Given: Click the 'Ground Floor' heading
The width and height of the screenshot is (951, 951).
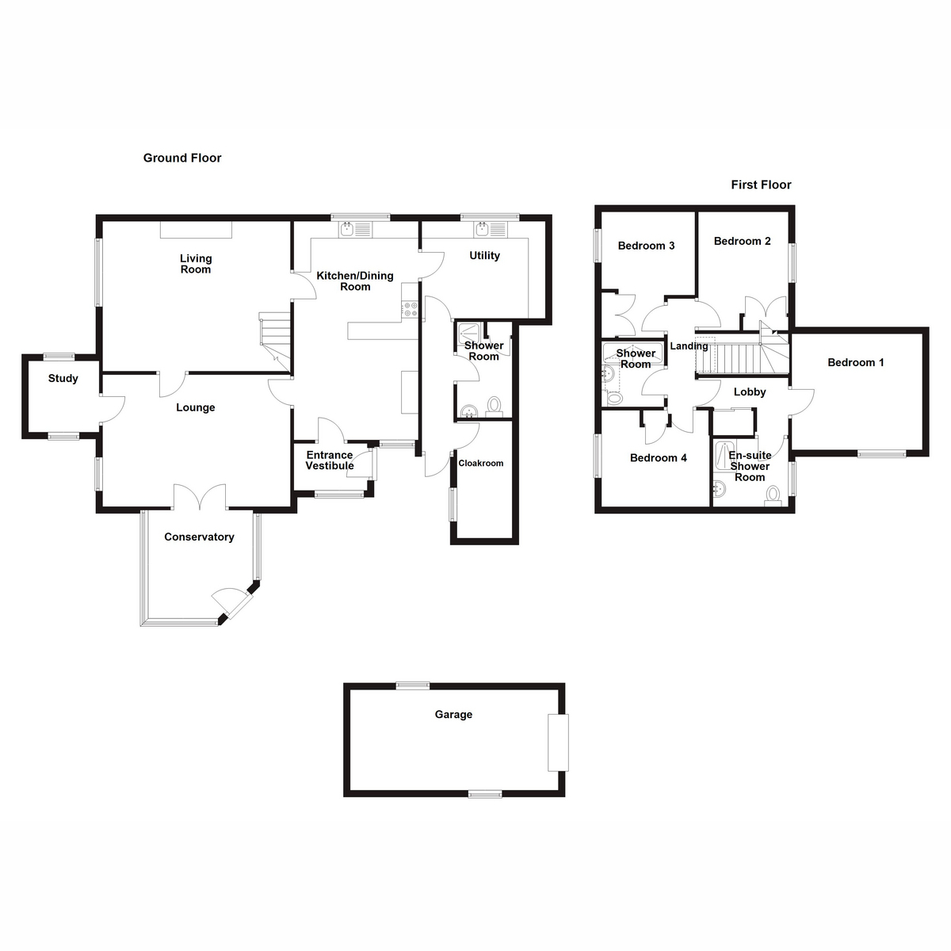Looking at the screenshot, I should [x=182, y=158].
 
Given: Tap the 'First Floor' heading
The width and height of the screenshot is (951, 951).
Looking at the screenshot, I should [x=761, y=185].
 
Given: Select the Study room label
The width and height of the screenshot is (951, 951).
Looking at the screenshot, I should [x=63, y=378].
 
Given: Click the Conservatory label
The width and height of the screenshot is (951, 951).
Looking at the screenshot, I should [x=199, y=537].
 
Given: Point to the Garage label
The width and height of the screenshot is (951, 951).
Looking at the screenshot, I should [x=453, y=714].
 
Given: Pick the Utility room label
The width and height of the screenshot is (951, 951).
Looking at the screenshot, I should [x=484, y=255].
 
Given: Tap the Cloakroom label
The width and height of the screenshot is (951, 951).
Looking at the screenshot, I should [x=481, y=463].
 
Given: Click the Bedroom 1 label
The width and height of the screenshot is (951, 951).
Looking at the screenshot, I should [x=856, y=362].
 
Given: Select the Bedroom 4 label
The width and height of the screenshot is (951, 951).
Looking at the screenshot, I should [x=659, y=457].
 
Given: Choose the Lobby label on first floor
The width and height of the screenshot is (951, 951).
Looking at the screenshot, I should [x=750, y=391].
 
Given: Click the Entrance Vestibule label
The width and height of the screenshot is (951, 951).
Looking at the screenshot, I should [x=330, y=460].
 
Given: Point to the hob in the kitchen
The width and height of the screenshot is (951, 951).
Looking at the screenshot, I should [x=410, y=309].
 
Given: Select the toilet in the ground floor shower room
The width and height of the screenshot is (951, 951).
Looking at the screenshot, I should [x=495, y=406].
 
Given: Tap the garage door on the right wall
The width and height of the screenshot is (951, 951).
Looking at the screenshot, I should [x=558, y=743].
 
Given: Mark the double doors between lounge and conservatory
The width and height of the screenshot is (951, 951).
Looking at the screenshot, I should [x=201, y=499].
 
